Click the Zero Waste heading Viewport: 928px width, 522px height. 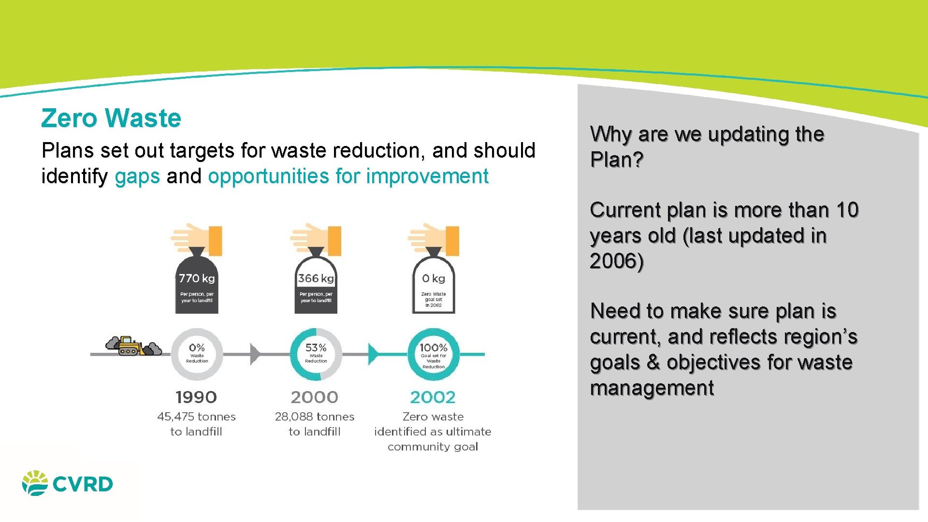111,118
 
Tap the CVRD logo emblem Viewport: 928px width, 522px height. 35,483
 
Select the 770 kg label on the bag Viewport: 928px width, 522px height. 197,278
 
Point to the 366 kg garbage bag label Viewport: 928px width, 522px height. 316,278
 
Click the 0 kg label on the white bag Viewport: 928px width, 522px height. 434,278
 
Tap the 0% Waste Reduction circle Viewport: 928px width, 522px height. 197,354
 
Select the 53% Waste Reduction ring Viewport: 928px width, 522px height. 316,354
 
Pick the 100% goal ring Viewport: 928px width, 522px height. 434,354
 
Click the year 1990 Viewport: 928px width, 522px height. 196,397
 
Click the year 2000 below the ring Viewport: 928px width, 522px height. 315,397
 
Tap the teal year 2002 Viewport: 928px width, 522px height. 433,397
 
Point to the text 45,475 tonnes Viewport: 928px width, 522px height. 196,417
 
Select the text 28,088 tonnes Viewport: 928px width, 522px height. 315,417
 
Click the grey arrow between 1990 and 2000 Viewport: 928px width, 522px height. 255,354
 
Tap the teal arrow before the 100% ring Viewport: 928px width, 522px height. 373,354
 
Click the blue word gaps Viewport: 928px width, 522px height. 137,176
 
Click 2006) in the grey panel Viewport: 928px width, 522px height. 617,261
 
